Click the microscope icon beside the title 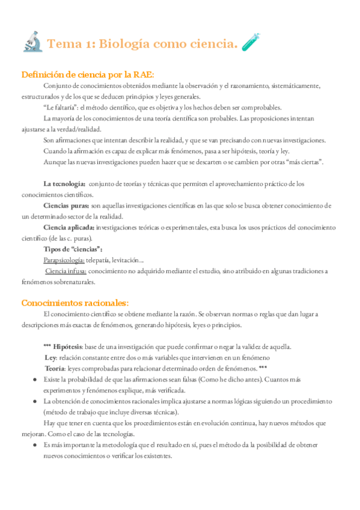[x=31, y=42]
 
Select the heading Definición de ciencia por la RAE [x=88, y=75]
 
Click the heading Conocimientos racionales [x=75, y=303]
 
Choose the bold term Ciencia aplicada [x=69, y=227]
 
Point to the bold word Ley [x=50, y=358]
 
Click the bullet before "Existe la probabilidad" [x=33, y=380]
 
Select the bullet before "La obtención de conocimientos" [x=33, y=402]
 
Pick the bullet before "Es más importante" [x=33, y=445]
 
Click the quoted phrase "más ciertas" [x=306, y=162]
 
